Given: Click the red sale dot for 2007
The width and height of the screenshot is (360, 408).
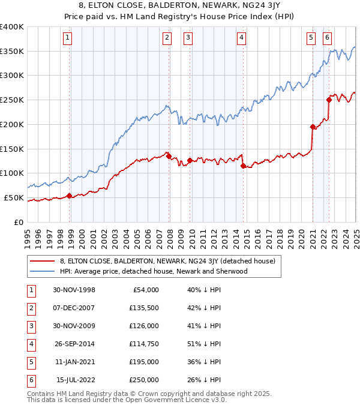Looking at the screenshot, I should click(169, 156).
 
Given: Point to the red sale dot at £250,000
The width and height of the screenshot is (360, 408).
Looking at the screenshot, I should click(329, 100).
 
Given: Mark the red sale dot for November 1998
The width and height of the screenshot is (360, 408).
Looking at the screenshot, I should click(70, 196).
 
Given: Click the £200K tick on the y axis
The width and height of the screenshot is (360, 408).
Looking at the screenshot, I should click(12, 124).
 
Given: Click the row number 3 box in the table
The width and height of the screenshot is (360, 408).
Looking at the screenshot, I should click(31, 326).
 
